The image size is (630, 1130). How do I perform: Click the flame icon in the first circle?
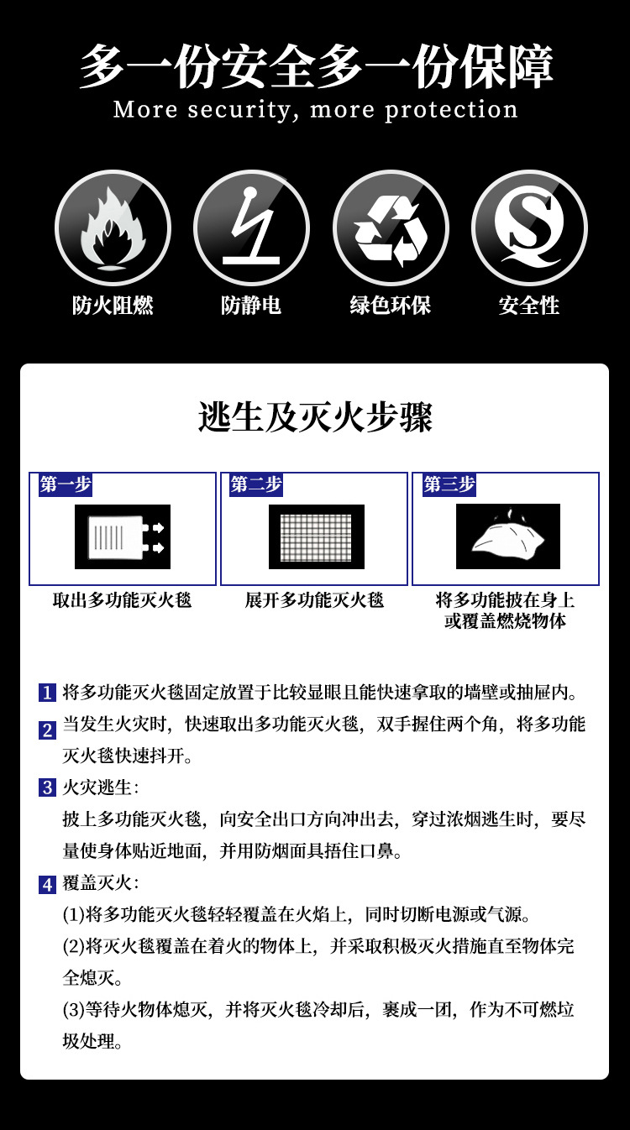(x=113, y=228)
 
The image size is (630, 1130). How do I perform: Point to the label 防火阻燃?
(x=113, y=305)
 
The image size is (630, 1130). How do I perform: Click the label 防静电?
(x=251, y=305)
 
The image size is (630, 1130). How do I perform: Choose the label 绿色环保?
(x=391, y=305)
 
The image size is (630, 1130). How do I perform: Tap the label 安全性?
(x=528, y=305)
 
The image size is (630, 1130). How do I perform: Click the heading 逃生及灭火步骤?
(x=315, y=417)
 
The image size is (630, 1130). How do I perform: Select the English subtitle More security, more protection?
(x=315, y=110)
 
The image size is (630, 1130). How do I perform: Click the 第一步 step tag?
(x=65, y=484)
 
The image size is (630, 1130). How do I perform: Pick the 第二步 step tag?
(x=256, y=484)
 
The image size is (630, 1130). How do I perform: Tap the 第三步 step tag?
(x=449, y=484)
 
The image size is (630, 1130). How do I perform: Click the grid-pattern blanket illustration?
(x=316, y=536)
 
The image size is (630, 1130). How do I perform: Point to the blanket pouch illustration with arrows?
(x=123, y=536)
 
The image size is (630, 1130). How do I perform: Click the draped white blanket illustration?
(x=507, y=536)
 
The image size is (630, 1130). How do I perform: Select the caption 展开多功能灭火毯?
(x=314, y=600)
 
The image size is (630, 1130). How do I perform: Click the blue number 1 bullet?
(x=47, y=693)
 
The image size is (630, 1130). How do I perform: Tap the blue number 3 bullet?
(x=47, y=787)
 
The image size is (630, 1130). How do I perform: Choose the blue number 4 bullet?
(x=47, y=883)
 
